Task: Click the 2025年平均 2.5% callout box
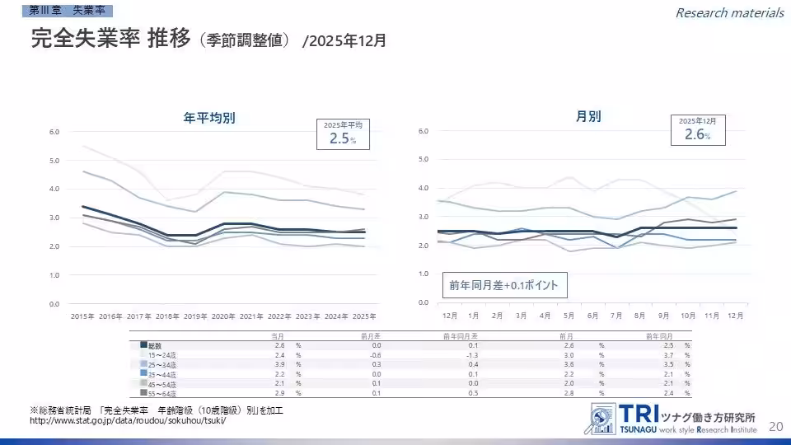point(344,133)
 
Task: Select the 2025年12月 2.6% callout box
point(696,130)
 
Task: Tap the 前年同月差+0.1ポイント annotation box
point(503,286)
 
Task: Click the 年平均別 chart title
point(209,118)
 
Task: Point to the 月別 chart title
point(588,116)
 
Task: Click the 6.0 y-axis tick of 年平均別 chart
point(54,132)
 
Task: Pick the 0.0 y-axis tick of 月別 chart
point(423,302)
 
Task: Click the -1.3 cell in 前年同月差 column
point(473,354)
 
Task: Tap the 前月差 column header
point(369,336)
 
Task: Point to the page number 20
point(775,426)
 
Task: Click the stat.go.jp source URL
point(127,421)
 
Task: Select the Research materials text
point(729,12)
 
